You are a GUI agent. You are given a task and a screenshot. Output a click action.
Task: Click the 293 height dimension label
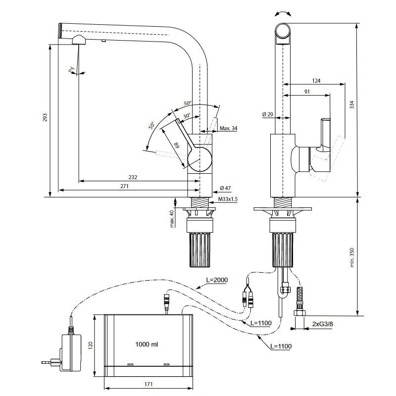[x=45, y=117]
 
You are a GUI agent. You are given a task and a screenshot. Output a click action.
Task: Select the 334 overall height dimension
[x=352, y=104]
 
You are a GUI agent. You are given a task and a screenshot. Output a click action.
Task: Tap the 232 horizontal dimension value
[x=133, y=177]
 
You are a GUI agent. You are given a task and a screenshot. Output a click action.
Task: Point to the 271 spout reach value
[x=125, y=186]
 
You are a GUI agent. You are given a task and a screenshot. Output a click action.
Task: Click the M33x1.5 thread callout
[x=228, y=199]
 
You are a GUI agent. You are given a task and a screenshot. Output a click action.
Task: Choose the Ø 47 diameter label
[x=225, y=188]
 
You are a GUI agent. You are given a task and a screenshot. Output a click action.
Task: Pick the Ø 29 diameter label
[x=268, y=114]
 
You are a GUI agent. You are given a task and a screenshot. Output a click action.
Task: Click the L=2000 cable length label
[x=217, y=280]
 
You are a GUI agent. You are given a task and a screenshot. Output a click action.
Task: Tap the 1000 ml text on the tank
[x=147, y=344]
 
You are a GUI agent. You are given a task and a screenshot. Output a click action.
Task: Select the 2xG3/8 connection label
[x=323, y=324]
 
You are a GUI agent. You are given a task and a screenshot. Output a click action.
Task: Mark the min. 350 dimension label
[x=352, y=257]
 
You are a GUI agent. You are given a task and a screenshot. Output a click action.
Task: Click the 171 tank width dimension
[x=148, y=384]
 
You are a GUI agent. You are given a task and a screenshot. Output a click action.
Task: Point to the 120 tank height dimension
[x=91, y=345]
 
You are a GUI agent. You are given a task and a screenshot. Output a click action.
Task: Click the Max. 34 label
[x=228, y=128]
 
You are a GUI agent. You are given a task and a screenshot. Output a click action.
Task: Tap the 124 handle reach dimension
[x=316, y=81]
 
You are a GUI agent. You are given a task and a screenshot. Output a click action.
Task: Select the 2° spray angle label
[x=72, y=69]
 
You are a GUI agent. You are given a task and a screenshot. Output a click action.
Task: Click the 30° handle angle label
[x=187, y=116]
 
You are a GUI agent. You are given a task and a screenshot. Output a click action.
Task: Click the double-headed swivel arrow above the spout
[x=283, y=14]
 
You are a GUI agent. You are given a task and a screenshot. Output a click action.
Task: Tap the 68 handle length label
[x=177, y=146]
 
